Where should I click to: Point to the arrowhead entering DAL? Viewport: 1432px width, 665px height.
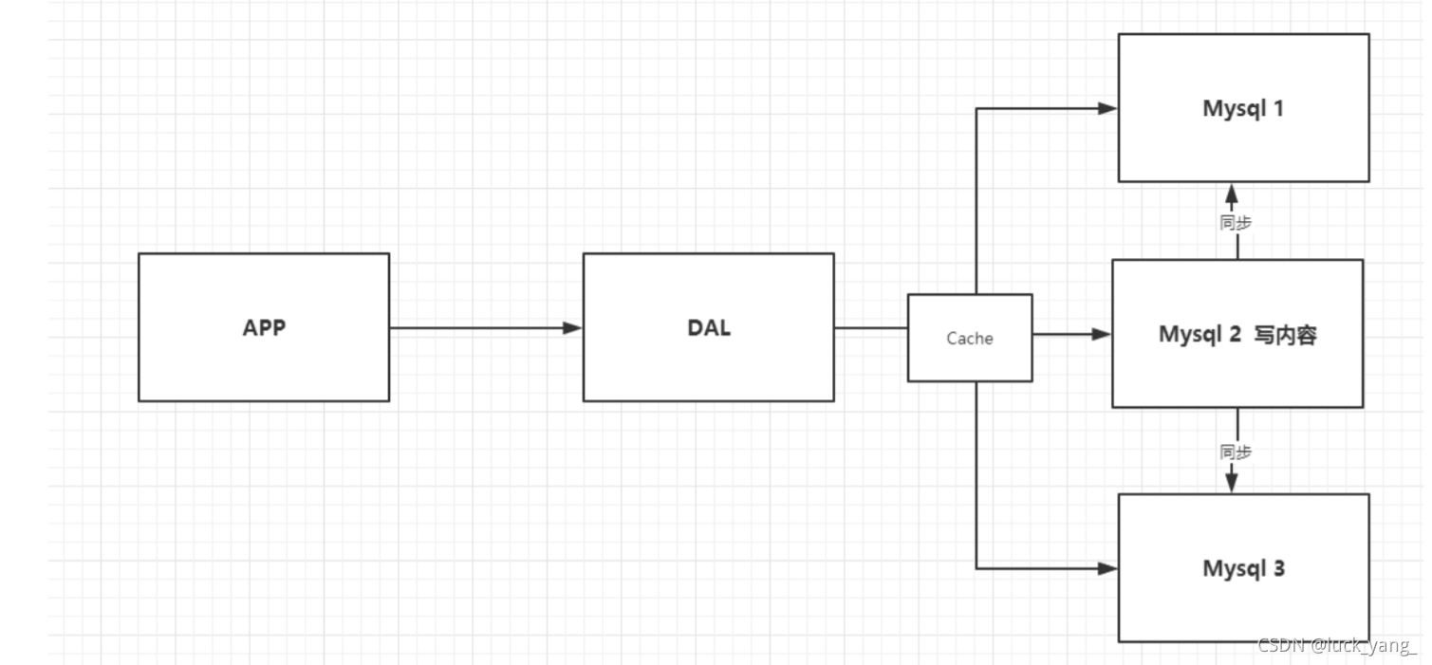click(572, 328)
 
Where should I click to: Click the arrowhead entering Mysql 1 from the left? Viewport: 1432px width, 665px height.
click(1107, 108)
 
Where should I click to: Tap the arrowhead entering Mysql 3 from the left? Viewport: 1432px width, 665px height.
click(1107, 568)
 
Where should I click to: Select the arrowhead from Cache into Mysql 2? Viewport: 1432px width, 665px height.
click(1101, 334)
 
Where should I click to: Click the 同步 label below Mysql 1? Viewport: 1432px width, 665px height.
click(1235, 223)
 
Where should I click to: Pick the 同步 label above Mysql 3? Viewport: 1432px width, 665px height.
click(1235, 452)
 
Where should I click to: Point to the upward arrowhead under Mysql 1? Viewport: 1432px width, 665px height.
click(1232, 193)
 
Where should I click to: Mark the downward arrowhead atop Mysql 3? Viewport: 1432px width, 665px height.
click(1232, 482)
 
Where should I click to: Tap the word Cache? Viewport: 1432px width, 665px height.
click(969, 339)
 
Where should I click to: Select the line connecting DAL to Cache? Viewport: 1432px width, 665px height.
click(870, 328)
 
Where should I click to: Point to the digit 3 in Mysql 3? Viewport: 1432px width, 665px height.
click(1278, 569)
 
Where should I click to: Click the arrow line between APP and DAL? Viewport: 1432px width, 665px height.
click(474, 328)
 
